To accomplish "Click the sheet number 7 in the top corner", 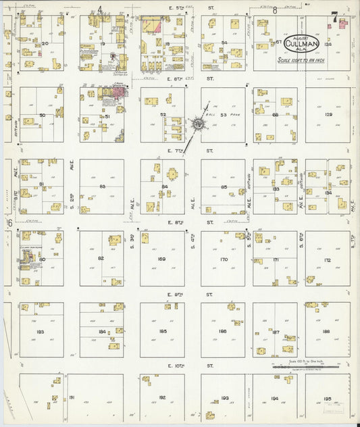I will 334,18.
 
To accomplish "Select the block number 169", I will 161,259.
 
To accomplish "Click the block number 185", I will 162,331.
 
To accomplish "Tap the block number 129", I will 328,115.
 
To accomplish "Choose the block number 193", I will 224,399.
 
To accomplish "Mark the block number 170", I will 223,259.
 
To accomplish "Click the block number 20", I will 45,43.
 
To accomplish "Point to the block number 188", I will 326,331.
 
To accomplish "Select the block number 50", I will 42,115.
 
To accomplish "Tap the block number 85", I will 224,187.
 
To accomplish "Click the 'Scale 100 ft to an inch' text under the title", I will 301,59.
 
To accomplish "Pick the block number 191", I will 72,399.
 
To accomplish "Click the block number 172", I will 327,259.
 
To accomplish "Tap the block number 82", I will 101,259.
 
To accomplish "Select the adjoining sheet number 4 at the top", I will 100,9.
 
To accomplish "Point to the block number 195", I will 328,399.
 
